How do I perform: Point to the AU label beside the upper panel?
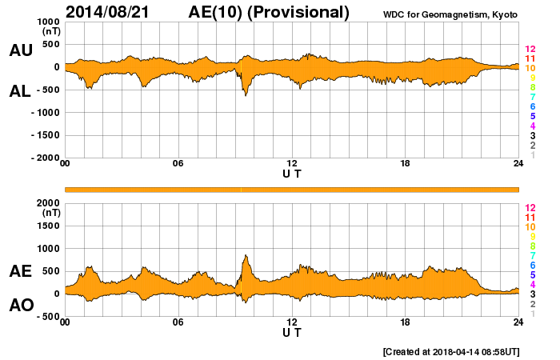pos(21,50)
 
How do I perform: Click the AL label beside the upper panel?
pos(21,91)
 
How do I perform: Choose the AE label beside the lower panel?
pos(21,271)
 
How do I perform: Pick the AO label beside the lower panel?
pos(21,306)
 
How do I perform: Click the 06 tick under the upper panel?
pos(178,164)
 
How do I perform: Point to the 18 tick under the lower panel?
pos(406,322)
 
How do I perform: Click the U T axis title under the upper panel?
pos(292,173)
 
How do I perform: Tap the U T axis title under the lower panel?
pos(292,331)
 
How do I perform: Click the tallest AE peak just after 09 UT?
pos(246,256)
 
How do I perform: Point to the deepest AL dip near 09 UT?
pos(246,95)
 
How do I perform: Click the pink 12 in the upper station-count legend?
pos(530,49)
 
